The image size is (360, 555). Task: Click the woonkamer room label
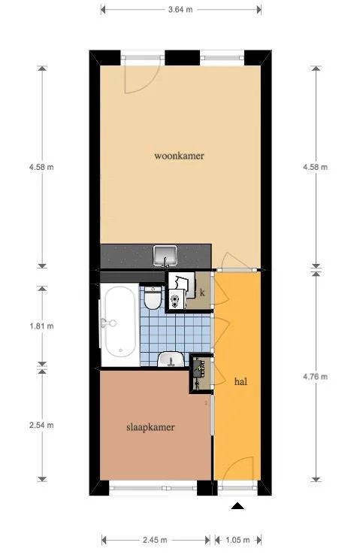point(180,156)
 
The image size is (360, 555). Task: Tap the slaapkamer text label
point(150,427)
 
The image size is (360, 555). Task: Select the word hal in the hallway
point(241,381)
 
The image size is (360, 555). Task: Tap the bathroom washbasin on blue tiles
point(173,359)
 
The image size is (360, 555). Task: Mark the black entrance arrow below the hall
point(237,508)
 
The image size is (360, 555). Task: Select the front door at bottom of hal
point(237,481)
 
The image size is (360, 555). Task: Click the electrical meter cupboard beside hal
point(200,373)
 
